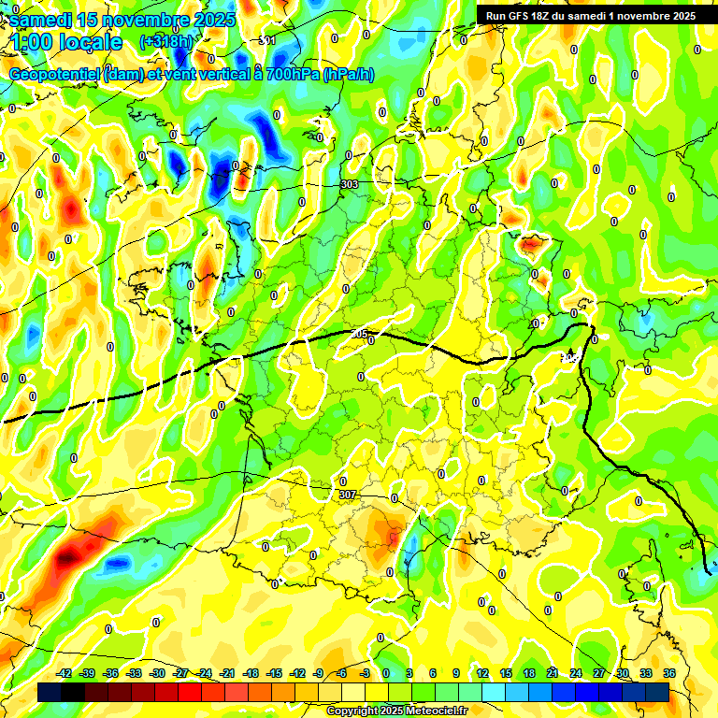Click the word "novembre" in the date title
coord(136,19)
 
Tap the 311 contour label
coord(267,40)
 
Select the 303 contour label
coord(350,185)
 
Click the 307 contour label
coord(347,495)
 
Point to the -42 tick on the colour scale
coord(65,673)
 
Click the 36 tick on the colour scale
coord(668,673)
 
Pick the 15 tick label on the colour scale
coord(506,673)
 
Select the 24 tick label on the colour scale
coord(575,673)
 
